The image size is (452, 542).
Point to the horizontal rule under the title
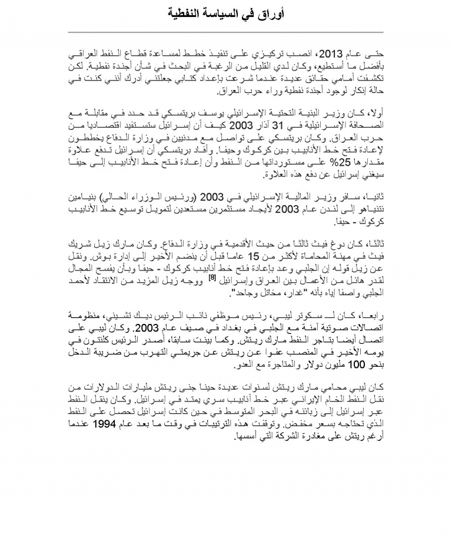pos(226,32)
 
